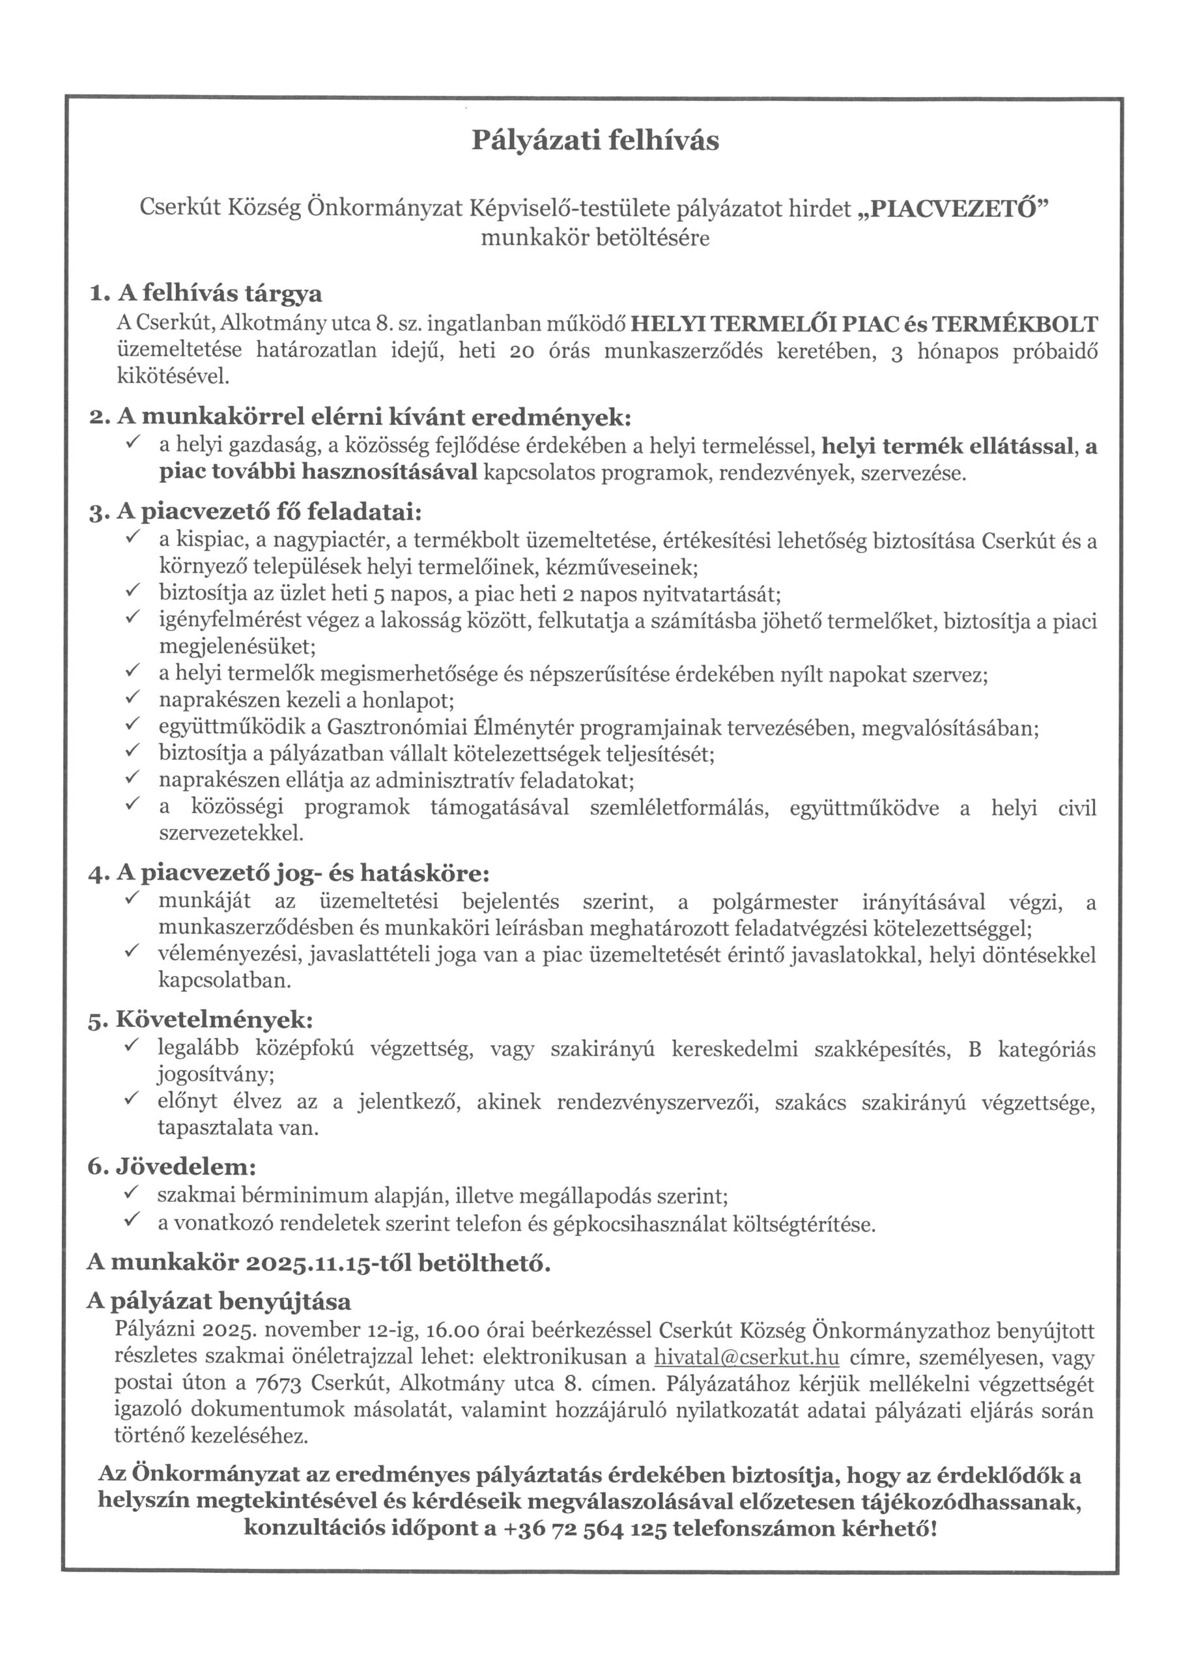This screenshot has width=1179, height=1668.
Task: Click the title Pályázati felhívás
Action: (595, 140)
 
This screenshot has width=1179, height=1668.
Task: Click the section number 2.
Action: (98, 418)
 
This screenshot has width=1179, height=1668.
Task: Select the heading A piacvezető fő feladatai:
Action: (269, 512)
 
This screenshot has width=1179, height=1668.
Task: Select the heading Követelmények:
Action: (214, 1020)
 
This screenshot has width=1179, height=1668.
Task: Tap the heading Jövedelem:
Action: (186, 1168)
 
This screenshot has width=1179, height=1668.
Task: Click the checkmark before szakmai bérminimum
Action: (132, 1194)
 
